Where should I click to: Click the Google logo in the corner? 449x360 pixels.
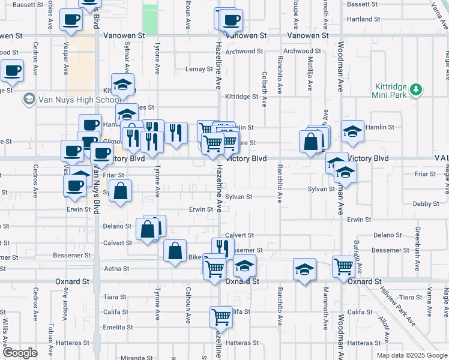pyautogui.click(x=20, y=353)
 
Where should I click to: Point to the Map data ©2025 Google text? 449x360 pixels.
pyautogui.click(x=411, y=355)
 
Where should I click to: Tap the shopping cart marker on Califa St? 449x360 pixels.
pyautogui.click(x=221, y=316)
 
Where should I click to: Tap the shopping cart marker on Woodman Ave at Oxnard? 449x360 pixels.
pyautogui.click(x=343, y=265)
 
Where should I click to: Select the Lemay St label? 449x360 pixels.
pyautogui.click(x=199, y=69)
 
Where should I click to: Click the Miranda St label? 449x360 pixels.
pyautogui.click(x=133, y=358)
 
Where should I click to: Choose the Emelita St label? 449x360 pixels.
pyautogui.click(x=118, y=328)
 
